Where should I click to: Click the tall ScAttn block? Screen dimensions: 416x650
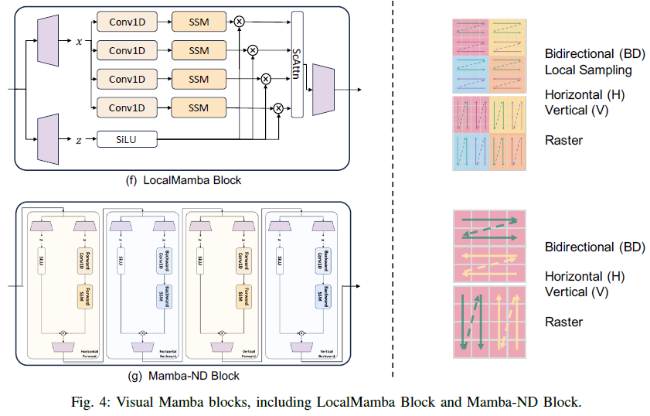[x=298, y=65]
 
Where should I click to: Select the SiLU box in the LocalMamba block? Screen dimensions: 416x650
[x=127, y=139]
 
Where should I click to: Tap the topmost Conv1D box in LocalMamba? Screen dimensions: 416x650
[x=127, y=22]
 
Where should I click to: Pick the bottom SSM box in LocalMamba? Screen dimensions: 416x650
[x=199, y=107]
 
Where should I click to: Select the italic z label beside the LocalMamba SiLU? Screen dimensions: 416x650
[x=79, y=139]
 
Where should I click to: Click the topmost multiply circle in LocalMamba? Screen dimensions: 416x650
[x=239, y=22]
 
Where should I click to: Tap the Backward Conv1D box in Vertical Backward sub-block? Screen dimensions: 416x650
[x=318, y=261]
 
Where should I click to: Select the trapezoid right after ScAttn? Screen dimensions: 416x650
[x=322, y=90]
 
